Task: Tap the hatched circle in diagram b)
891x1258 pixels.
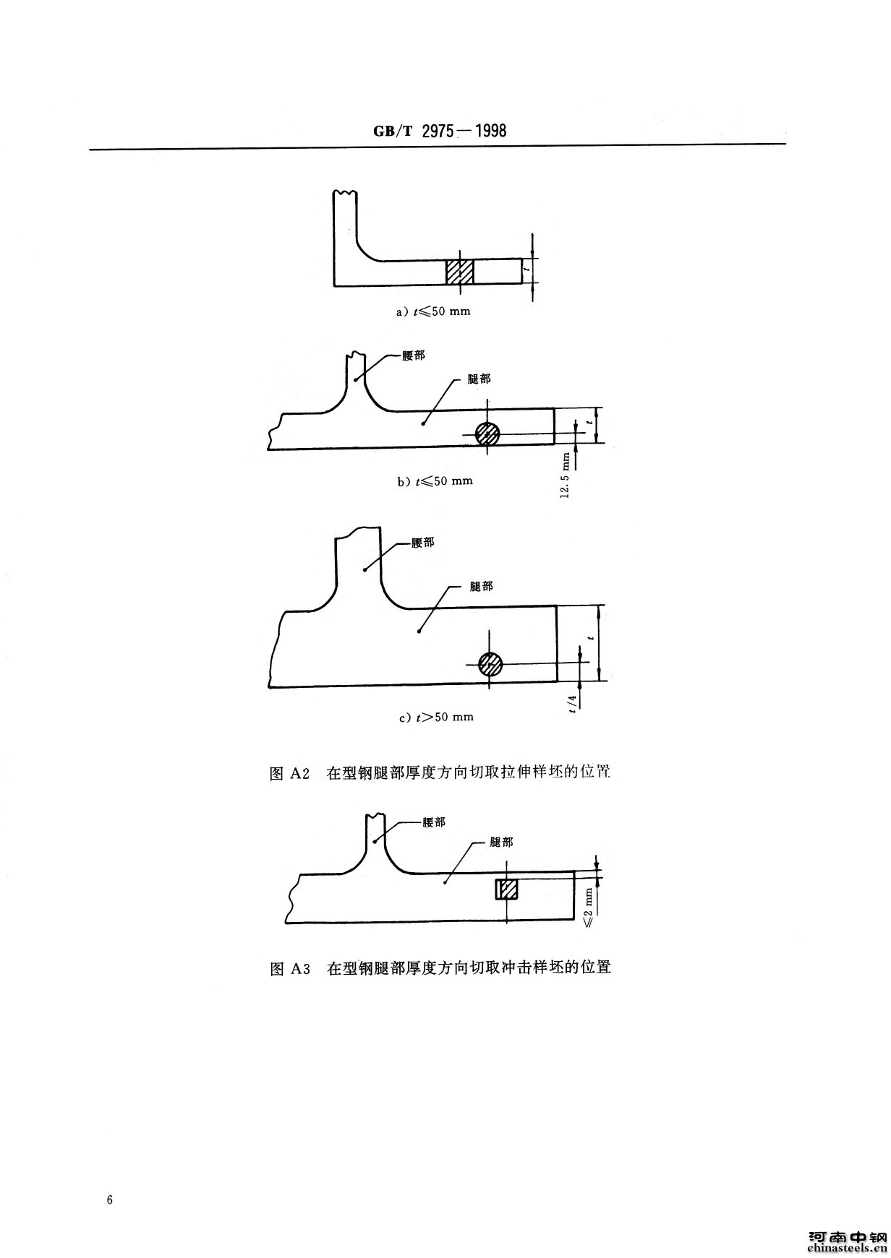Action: coord(487,434)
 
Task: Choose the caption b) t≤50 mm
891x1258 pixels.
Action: coord(435,481)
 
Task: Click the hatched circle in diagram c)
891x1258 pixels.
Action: coord(490,663)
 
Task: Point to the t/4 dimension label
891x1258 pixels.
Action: coord(573,703)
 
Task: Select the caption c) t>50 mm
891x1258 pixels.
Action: coord(435,717)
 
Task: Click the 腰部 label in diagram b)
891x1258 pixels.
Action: coord(414,357)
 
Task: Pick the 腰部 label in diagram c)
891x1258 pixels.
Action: coord(423,543)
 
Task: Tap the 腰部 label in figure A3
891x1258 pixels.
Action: coord(434,822)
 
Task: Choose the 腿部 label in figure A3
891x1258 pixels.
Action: coord(502,842)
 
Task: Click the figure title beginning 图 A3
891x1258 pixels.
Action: coord(440,968)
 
